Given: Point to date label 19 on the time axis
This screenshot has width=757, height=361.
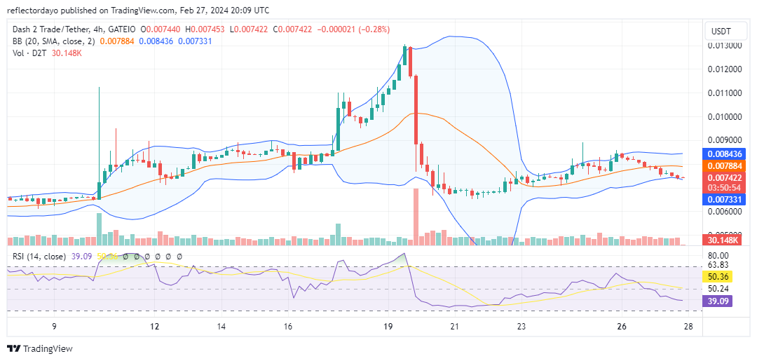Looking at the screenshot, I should pos(388,326).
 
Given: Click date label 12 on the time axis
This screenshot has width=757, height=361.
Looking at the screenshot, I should pos(155,326).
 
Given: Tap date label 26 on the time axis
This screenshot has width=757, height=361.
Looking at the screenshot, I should pos(621,326).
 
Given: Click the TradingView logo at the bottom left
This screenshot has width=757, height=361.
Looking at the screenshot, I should pos(40,348).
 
